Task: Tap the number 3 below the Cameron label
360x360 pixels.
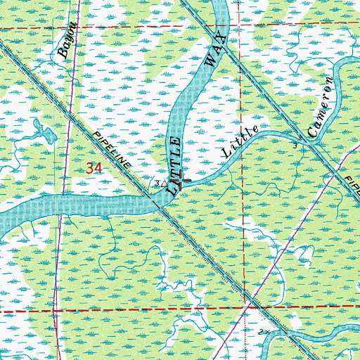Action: coord(295,145)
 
